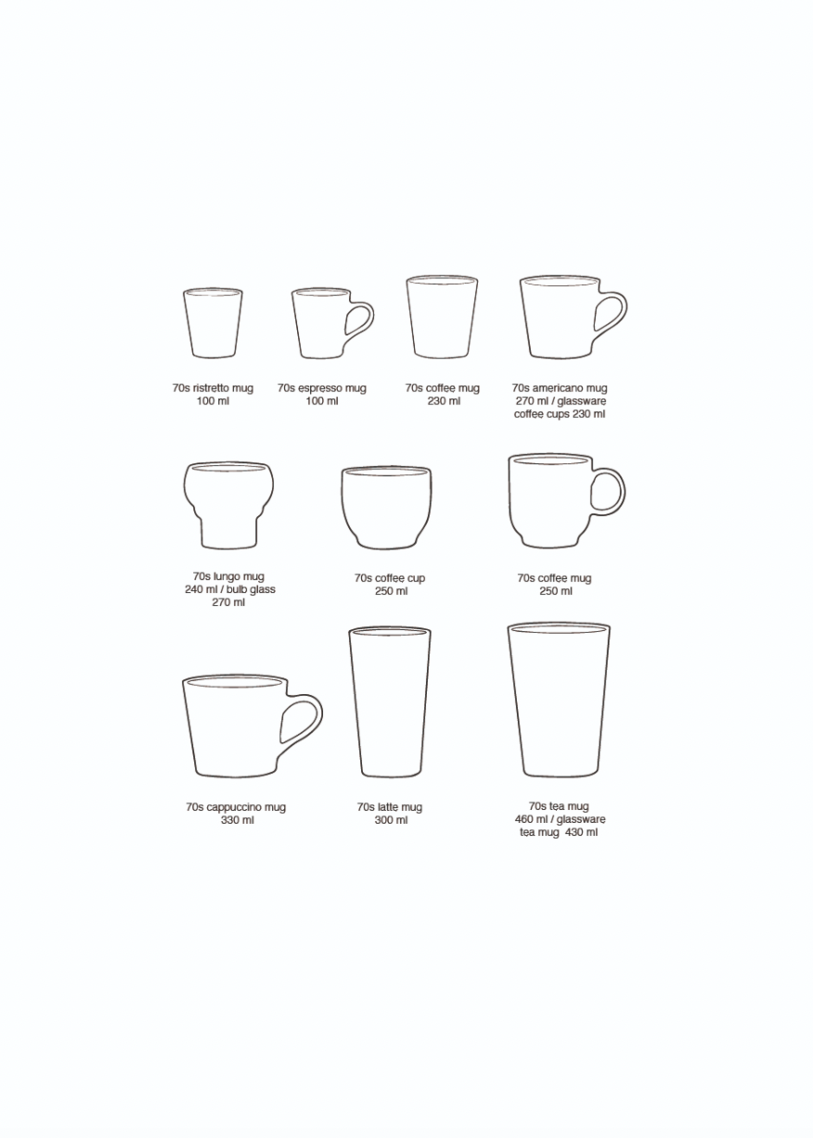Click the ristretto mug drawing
coord(213,323)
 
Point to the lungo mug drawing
coord(228,505)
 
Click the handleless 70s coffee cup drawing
coord(386,508)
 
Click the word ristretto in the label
coord(211,388)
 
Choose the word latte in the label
coord(387,807)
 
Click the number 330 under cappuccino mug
coord(230,820)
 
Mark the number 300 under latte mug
coord(384,820)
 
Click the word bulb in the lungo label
coord(236,589)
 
